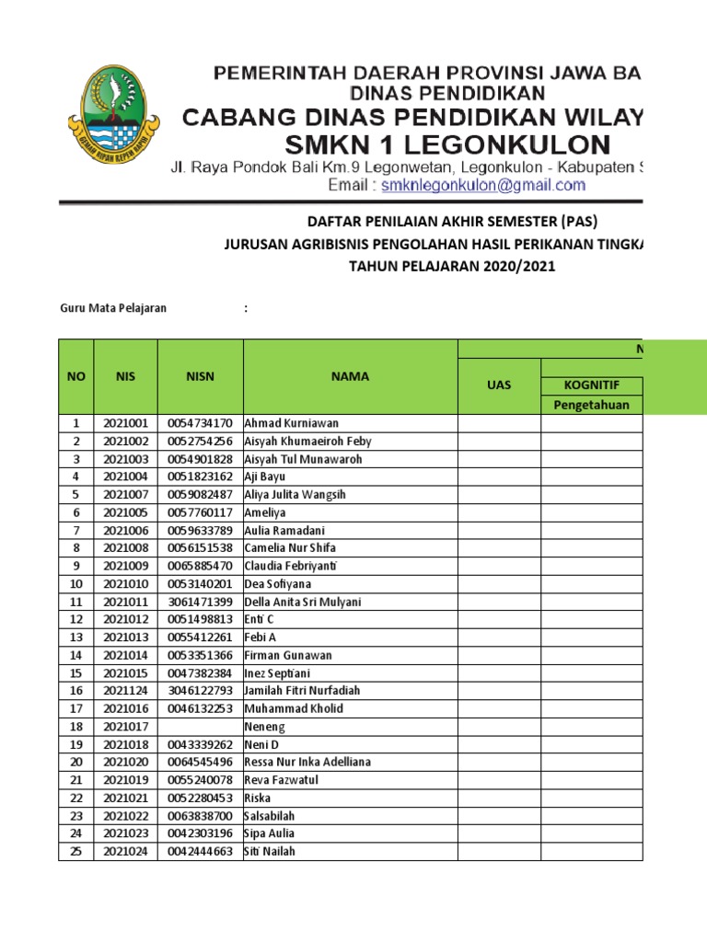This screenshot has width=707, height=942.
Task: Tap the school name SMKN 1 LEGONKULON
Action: (447, 144)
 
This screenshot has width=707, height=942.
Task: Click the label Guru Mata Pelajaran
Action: (113, 308)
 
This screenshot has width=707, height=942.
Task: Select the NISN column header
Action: (200, 376)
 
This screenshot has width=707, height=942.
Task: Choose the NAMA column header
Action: (350, 376)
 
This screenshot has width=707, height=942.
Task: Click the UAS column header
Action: (499, 385)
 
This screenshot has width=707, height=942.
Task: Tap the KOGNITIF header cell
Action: (591, 385)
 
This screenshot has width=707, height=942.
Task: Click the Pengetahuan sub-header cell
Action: (591, 405)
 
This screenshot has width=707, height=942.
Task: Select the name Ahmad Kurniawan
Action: (292, 423)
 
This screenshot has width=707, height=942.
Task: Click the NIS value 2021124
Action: (125, 691)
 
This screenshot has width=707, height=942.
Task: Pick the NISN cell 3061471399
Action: (200, 602)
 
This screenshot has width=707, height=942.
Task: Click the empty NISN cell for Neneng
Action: (200, 727)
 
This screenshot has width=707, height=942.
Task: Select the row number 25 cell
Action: (76, 852)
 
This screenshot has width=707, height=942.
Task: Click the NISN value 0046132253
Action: (200, 708)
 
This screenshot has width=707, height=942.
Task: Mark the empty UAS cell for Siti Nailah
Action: (499, 852)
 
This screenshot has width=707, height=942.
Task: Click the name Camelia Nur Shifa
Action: (290, 548)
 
